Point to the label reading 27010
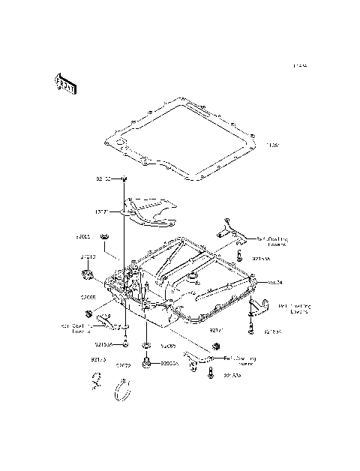pyautogui.click(x=88, y=257)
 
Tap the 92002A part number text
pyautogui.click(x=167, y=363)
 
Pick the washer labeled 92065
pyautogui.click(x=146, y=346)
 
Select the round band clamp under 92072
pyautogui.click(x=122, y=389)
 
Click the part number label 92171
pyautogui.click(x=216, y=329)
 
